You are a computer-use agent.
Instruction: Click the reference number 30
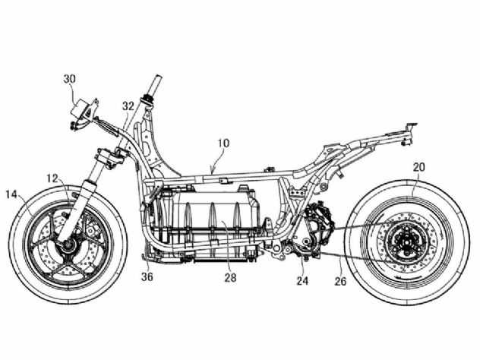[69, 79]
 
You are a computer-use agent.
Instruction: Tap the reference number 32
[128, 106]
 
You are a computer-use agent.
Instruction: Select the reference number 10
[223, 144]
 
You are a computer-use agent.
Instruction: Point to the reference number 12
[52, 178]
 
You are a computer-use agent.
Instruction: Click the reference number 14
[11, 194]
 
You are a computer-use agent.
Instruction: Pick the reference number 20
[419, 167]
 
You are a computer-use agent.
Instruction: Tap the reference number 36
[147, 276]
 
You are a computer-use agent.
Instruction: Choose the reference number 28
[231, 277]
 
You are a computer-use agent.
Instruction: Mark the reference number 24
[302, 280]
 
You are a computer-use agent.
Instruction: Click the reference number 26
[340, 281]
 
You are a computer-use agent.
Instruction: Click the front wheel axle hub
[68, 245]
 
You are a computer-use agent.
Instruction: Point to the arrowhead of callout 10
[212, 169]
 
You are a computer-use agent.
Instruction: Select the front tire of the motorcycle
[68, 245]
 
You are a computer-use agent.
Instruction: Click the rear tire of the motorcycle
[406, 242]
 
